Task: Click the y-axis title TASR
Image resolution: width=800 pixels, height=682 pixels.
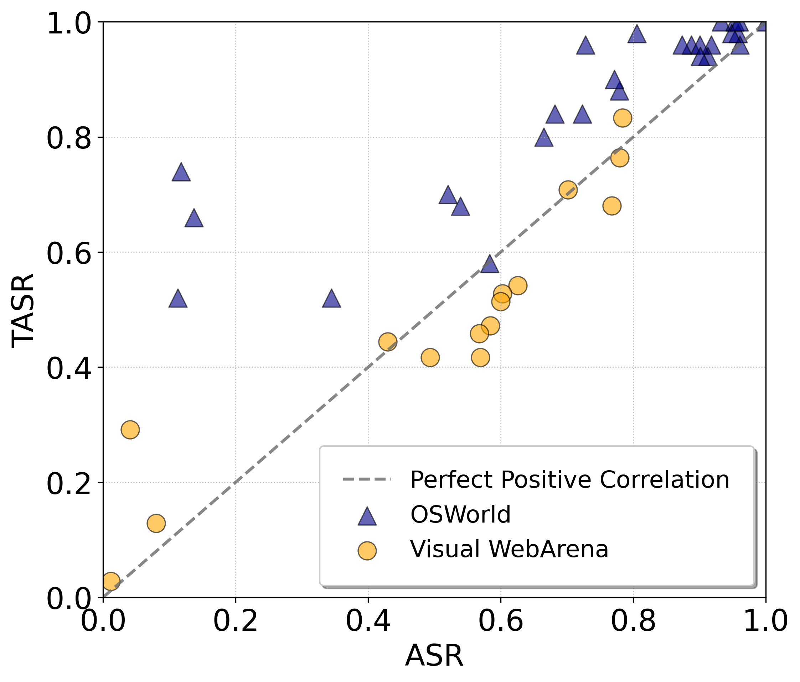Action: point(23,310)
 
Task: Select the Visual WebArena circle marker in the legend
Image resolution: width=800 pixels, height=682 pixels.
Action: point(367,550)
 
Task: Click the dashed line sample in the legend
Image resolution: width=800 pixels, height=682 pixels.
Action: point(367,479)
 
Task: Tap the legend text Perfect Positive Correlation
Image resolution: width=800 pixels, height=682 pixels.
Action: point(569,480)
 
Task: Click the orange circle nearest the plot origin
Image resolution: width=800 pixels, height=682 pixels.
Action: point(110,581)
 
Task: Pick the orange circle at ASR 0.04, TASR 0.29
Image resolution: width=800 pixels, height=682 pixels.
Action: point(130,429)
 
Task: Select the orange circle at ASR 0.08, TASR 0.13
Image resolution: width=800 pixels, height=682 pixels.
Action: point(156,524)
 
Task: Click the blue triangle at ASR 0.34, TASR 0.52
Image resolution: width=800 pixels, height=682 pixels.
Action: point(331,299)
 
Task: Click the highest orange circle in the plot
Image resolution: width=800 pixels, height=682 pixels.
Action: point(623,118)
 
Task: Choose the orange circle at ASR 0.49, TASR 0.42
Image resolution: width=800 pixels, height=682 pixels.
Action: point(430,358)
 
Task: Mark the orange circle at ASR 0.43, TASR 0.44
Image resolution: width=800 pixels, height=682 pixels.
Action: point(388,342)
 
